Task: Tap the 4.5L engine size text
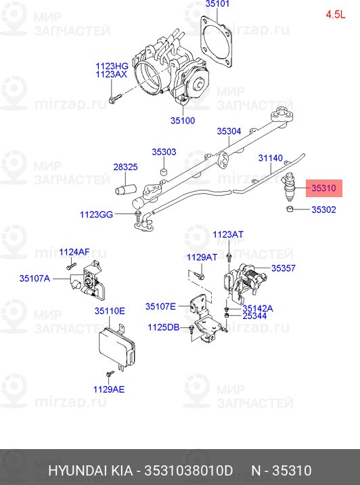click(x=335, y=14)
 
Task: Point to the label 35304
click(x=229, y=131)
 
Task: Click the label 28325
click(x=125, y=167)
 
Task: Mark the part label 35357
click(x=284, y=268)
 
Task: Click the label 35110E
click(x=110, y=311)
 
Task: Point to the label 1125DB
click(x=164, y=327)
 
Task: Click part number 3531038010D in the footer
click(x=185, y=470)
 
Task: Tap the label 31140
click(x=271, y=159)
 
